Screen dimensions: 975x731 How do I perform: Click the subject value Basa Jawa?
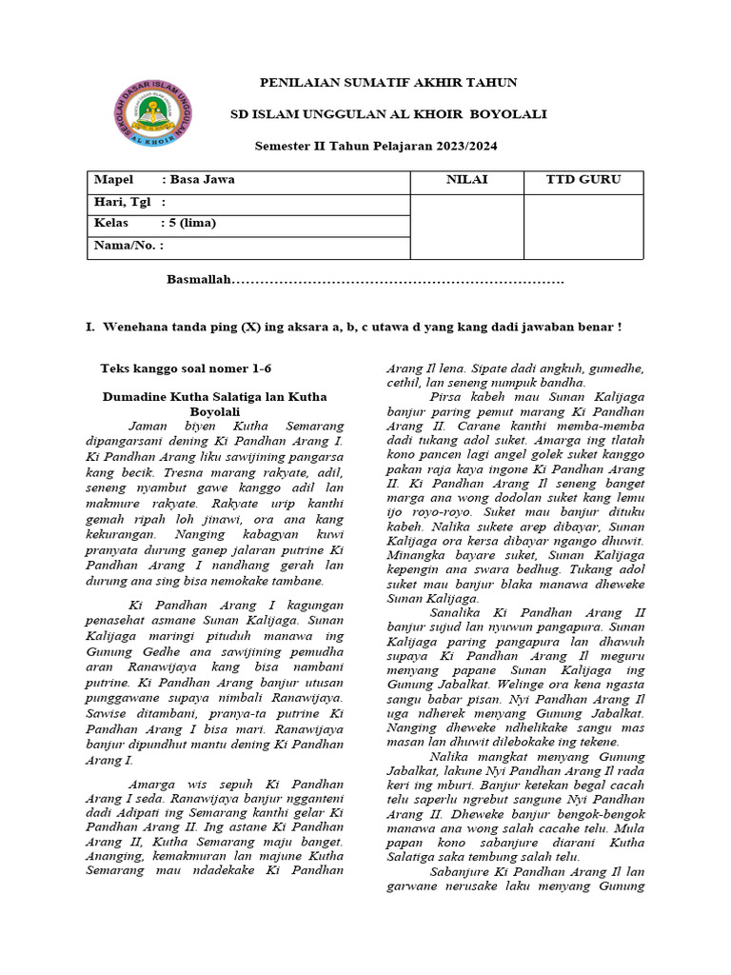point(202,180)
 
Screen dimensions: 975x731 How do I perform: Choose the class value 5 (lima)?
point(192,224)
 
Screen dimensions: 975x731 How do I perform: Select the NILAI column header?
point(467,180)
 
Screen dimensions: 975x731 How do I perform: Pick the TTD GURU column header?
point(583,180)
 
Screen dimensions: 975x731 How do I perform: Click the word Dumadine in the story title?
point(137,396)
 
